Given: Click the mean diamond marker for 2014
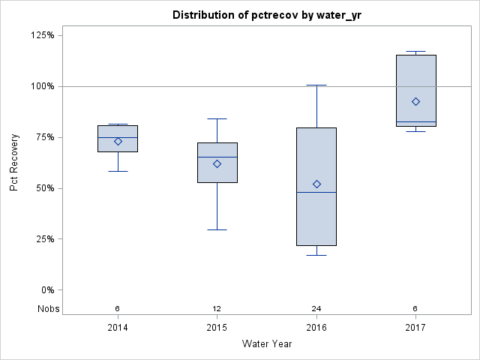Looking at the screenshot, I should [x=118, y=141].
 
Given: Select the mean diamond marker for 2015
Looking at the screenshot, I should [x=217, y=163].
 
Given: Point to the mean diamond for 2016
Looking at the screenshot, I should [x=316, y=184].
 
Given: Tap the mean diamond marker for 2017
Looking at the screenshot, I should [x=416, y=101].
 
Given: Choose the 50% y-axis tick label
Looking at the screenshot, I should [x=44, y=188].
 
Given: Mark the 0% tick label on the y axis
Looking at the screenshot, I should [x=46, y=290].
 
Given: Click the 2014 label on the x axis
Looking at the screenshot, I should [x=118, y=328].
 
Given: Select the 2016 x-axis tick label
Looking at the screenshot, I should [x=316, y=328].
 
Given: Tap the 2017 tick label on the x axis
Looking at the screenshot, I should [x=416, y=328].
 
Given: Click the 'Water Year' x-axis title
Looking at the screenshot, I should [x=267, y=344].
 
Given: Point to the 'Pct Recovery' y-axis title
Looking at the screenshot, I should [x=14, y=163].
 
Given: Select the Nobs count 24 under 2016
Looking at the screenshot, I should [x=316, y=308].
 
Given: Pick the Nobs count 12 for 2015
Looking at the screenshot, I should [x=217, y=308].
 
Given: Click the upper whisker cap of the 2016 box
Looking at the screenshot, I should [x=316, y=85].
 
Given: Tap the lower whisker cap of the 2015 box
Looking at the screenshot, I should [x=217, y=229].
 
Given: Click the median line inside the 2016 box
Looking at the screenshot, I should [x=316, y=193].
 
